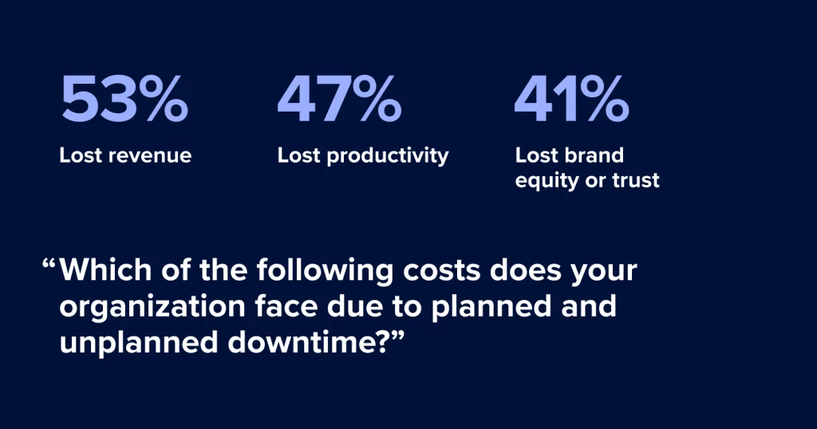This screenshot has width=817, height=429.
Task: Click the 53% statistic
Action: click(x=124, y=98)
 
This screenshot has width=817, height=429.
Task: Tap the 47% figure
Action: click(x=339, y=98)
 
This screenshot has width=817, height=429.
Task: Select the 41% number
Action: click(x=571, y=98)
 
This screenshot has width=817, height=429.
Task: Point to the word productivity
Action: click(x=388, y=156)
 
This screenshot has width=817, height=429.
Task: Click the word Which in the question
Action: click(x=105, y=270)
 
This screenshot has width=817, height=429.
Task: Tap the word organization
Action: click(x=152, y=307)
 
